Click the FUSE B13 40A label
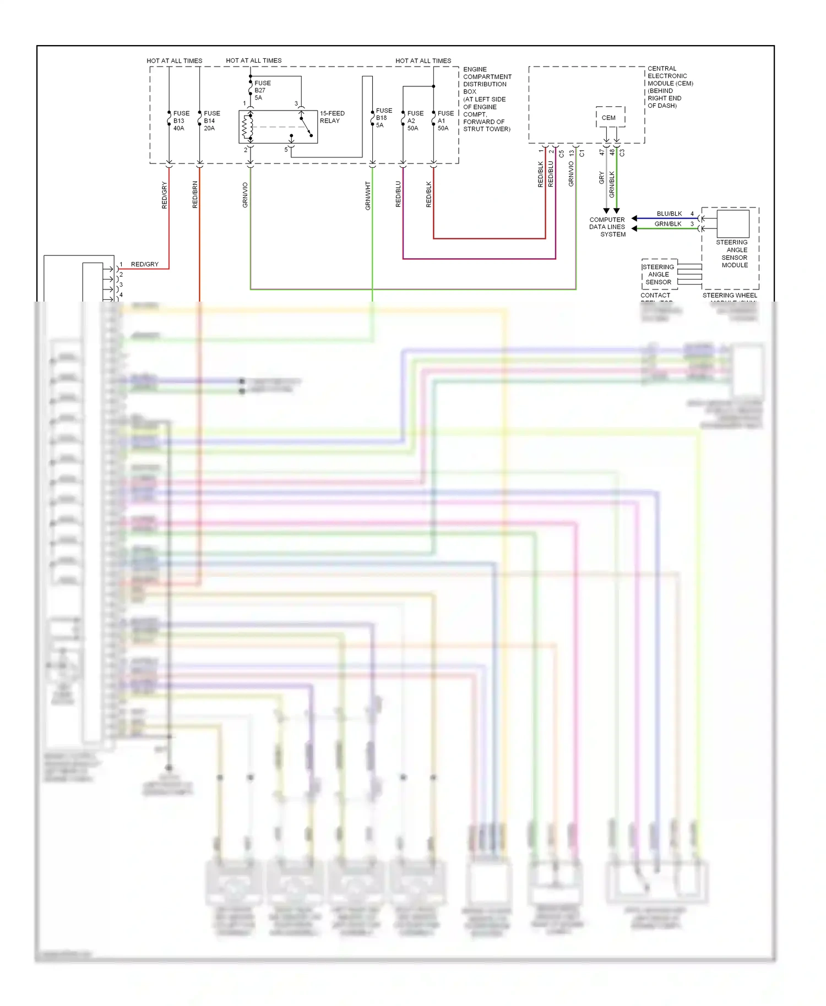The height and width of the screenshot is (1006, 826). pos(181,121)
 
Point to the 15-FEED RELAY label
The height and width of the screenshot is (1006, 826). pos(332,117)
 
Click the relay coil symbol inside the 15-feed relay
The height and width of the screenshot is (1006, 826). pos(248,127)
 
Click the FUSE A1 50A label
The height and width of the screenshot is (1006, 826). pos(445,121)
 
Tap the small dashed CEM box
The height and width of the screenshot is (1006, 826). pos(610,117)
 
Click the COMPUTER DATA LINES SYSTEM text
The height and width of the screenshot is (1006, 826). pos(607,227)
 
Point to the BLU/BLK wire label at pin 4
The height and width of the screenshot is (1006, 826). pos(669,214)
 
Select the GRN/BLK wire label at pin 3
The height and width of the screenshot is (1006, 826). pos(667,224)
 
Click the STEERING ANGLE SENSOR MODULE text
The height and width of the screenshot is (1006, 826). pos(733,254)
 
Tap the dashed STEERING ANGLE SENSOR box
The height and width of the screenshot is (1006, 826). pos(659,274)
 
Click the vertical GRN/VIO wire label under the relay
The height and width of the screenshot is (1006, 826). pos(245,195)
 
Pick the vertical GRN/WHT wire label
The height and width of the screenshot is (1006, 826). pos(368,195)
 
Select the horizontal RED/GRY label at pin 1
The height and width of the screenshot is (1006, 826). pos(144,265)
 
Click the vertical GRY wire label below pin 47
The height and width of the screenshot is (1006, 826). pos(601,178)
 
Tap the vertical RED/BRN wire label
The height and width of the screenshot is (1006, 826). pos(195,194)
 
